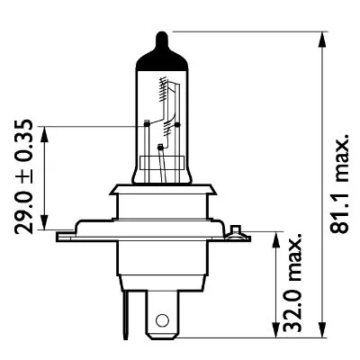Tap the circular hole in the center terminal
162,319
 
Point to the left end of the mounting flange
61,237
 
